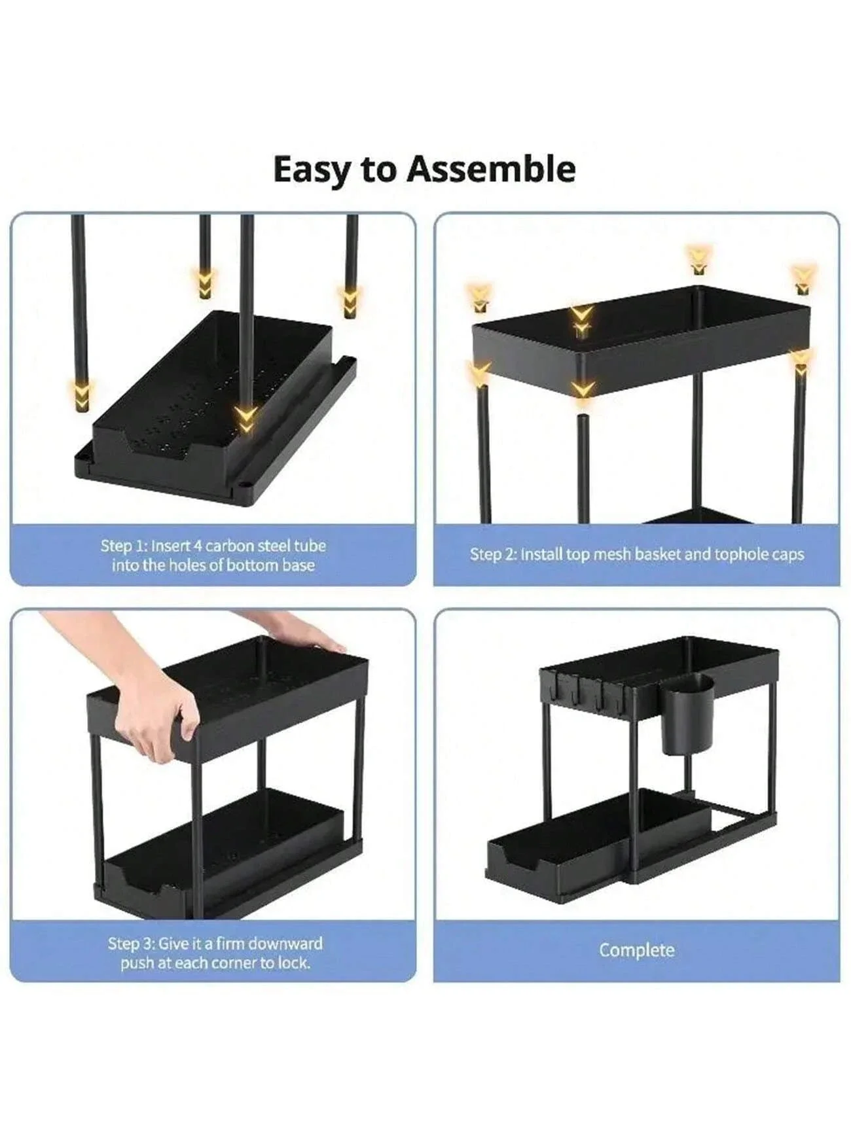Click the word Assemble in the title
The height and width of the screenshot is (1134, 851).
(x=491, y=169)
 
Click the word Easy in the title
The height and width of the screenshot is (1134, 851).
(x=311, y=169)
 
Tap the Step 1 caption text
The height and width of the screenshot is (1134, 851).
(x=213, y=556)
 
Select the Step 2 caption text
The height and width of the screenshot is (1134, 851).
(x=636, y=554)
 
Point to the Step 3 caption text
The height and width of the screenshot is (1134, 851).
(x=215, y=953)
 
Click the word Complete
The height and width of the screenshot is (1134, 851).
(x=636, y=950)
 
